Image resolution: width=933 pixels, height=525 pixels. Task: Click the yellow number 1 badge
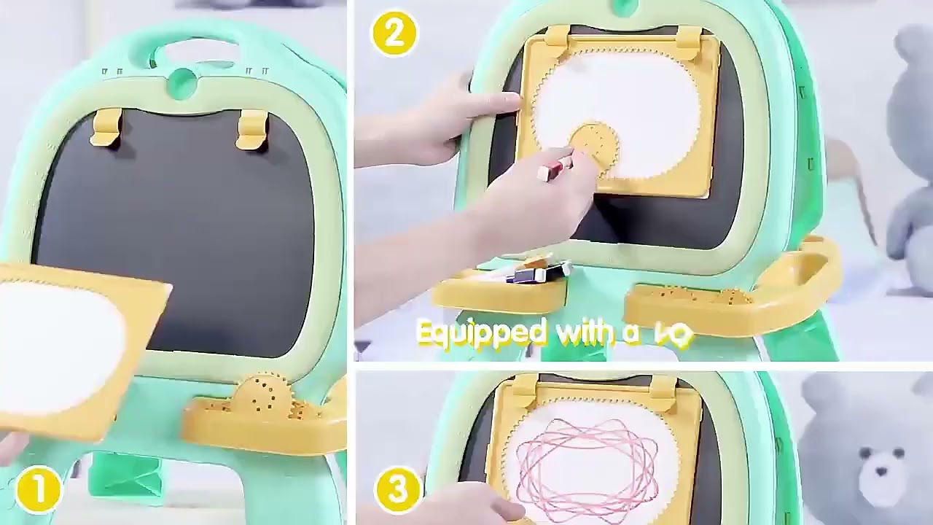tap(38, 488)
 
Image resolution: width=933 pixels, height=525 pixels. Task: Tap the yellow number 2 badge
tap(394, 34)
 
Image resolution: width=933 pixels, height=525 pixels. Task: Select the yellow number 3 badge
tap(398, 489)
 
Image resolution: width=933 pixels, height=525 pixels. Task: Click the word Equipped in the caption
tap(482, 332)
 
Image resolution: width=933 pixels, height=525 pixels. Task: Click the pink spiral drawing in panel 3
tap(587, 459)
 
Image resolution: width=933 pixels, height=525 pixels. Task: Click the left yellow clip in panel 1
tap(106, 127)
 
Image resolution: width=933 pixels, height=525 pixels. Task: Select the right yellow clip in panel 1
tap(251, 128)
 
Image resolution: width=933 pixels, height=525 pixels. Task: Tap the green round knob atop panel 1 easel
tap(182, 83)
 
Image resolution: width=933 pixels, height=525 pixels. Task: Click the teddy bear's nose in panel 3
tap(881, 471)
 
